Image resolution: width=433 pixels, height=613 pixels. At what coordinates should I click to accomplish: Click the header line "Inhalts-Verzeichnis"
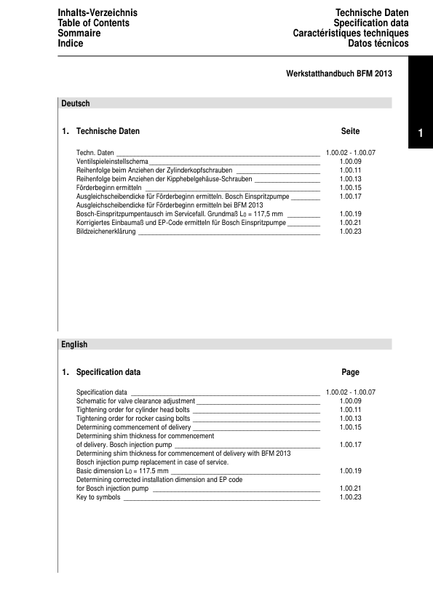97,13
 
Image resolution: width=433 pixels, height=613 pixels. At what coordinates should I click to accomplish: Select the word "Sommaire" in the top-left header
80,33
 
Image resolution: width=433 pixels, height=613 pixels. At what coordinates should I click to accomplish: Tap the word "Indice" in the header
71,44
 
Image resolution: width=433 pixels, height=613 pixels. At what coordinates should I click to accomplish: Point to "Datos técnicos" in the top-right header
378,44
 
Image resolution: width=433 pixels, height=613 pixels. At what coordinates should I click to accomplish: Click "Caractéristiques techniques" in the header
351,33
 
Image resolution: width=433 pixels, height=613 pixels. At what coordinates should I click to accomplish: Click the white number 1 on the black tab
420,133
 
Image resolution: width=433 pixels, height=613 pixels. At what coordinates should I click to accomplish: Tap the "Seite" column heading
350,131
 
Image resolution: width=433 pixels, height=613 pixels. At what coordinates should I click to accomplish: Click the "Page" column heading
350,372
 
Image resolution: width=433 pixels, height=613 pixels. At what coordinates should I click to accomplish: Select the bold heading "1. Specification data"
102,372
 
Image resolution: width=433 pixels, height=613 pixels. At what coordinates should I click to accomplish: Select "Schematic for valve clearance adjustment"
135,401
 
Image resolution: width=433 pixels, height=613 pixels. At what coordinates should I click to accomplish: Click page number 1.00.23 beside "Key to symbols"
350,497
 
